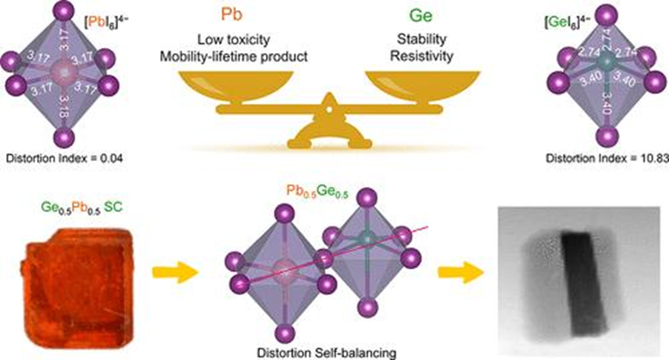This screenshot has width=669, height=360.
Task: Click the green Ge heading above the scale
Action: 416,20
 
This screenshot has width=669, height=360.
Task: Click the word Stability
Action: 416,40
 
